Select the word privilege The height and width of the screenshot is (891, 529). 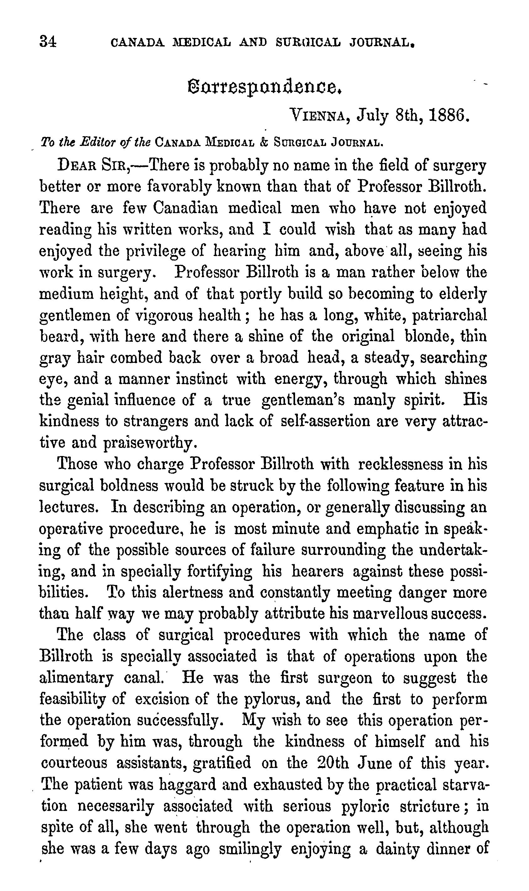156,251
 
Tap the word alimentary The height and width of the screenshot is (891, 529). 77,678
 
